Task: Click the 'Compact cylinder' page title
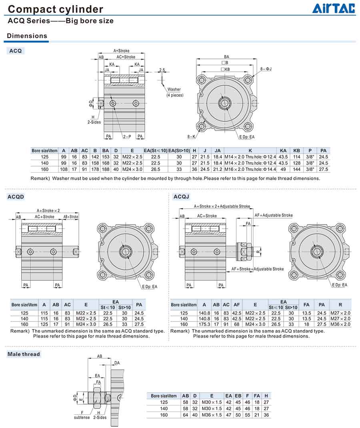pos(56,9)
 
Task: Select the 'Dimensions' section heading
pos(27,36)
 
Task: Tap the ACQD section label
pos(16,197)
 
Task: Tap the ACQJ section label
pos(181,197)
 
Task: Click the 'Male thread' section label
pos(24,354)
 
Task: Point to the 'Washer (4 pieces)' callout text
pos(174,92)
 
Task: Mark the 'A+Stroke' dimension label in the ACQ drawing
pos(122,51)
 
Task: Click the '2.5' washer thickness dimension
pos(162,70)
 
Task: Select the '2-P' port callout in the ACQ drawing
pos(127,137)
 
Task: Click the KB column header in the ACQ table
pos(296,151)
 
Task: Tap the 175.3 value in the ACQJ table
pos(204,324)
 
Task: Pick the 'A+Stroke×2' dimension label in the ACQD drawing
pos(48,210)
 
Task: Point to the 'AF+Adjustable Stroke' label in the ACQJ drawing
pos(274,215)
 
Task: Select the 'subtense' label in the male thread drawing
pos(82,417)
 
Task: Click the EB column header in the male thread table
pos(238,396)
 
